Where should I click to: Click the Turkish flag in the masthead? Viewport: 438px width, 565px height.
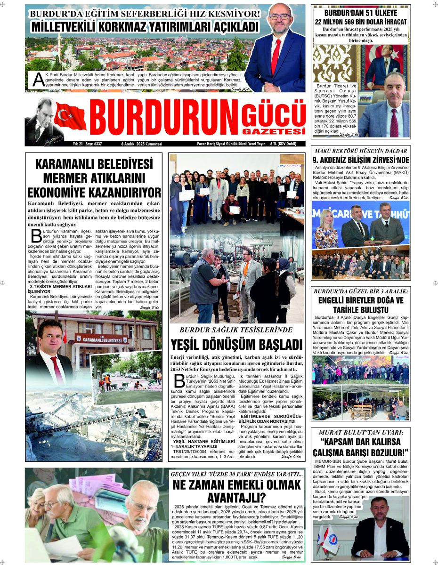click(70, 116)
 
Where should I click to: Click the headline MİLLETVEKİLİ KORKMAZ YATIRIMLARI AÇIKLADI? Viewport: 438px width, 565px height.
click(144, 26)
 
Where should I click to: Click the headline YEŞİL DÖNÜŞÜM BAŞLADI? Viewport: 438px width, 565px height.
click(236, 344)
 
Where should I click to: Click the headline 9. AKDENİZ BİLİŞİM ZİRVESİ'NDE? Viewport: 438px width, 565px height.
click(361, 160)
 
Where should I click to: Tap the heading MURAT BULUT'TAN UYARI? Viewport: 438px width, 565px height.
click(361, 432)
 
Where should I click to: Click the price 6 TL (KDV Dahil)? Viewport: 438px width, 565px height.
click(286, 144)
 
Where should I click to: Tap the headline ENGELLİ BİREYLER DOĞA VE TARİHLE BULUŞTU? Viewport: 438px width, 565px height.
click(361, 305)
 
